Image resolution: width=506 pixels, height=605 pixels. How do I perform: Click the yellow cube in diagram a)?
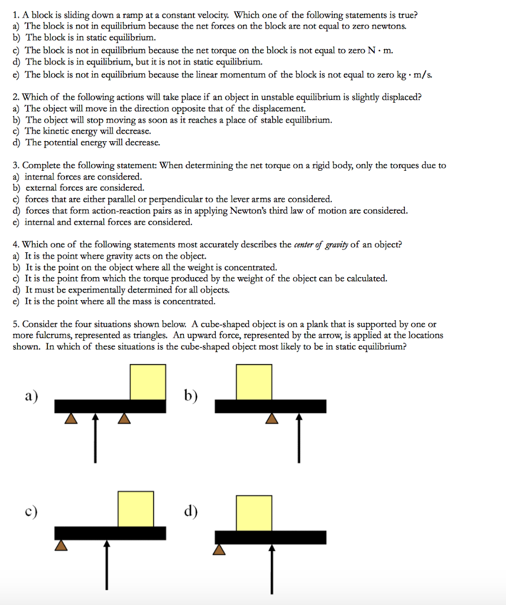[147, 382]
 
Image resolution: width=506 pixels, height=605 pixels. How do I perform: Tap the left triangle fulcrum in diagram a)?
[71, 418]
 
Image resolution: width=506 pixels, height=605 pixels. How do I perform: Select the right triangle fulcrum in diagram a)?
[124, 418]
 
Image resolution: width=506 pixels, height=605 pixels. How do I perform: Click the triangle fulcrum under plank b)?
[271, 418]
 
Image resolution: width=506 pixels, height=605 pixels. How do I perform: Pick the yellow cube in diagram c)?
[136, 507]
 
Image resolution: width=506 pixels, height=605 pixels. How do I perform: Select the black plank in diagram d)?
[270, 537]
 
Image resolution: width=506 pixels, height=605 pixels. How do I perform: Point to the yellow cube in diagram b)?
[254, 382]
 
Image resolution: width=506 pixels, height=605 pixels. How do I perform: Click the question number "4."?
[17, 245]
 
